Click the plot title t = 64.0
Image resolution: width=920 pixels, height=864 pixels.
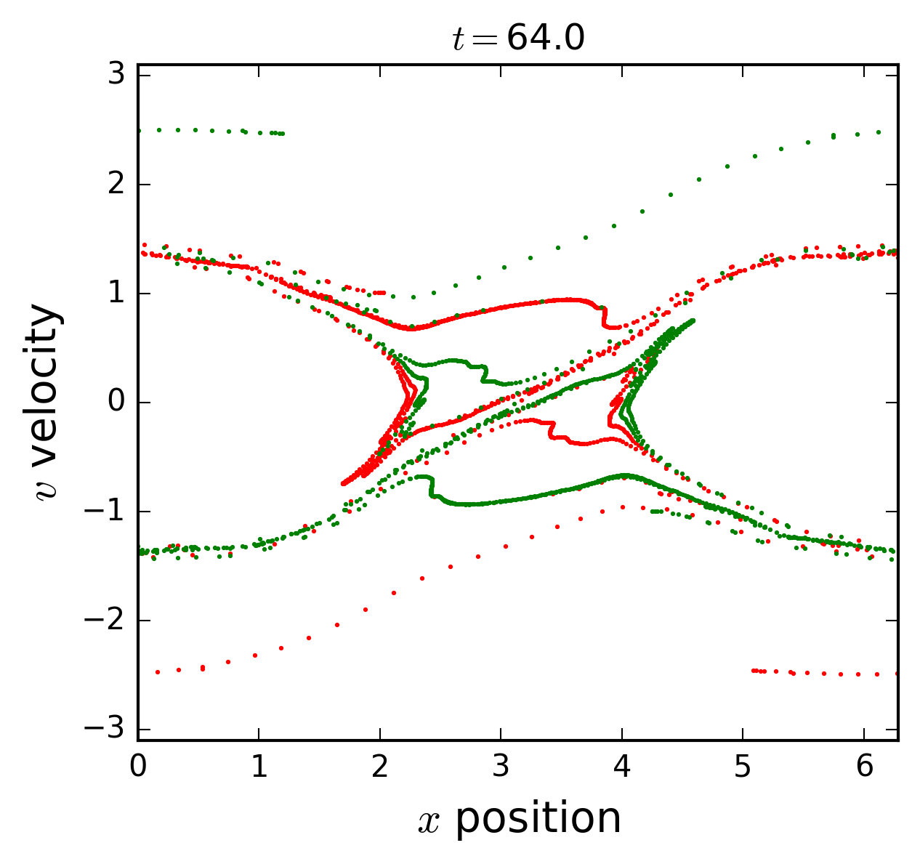click(x=518, y=39)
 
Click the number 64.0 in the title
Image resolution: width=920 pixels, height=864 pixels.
click(x=545, y=39)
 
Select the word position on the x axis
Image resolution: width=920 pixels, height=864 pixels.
click(x=538, y=819)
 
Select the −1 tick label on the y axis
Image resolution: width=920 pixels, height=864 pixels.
click(x=109, y=512)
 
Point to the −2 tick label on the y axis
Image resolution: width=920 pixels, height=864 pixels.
click(x=109, y=621)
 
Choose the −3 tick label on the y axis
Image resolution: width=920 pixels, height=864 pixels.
click(x=109, y=730)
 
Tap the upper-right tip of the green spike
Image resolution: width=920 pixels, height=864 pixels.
click(x=693, y=320)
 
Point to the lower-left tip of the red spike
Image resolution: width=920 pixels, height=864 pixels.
click(x=343, y=483)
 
